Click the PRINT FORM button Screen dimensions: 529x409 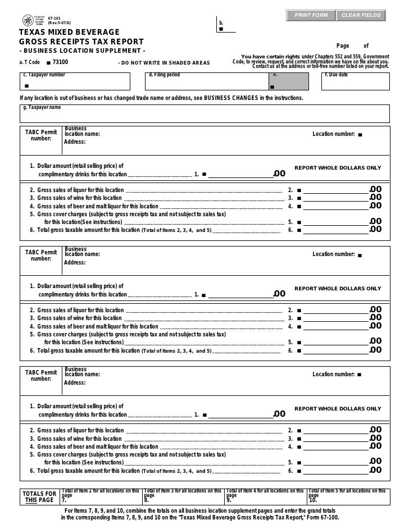(311, 15)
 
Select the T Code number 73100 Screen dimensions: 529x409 (60, 62)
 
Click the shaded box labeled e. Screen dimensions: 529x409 (288, 81)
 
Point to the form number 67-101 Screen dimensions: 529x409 (54, 17)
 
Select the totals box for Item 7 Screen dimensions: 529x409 (101, 497)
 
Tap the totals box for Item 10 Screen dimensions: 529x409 (348, 497)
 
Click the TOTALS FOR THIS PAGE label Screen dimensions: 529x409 (39, 497)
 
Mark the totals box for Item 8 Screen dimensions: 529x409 (183, 497)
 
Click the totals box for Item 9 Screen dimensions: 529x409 (265, 497)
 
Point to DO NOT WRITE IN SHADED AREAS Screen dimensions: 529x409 (163, 62)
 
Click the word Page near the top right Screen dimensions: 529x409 (343, 46)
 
